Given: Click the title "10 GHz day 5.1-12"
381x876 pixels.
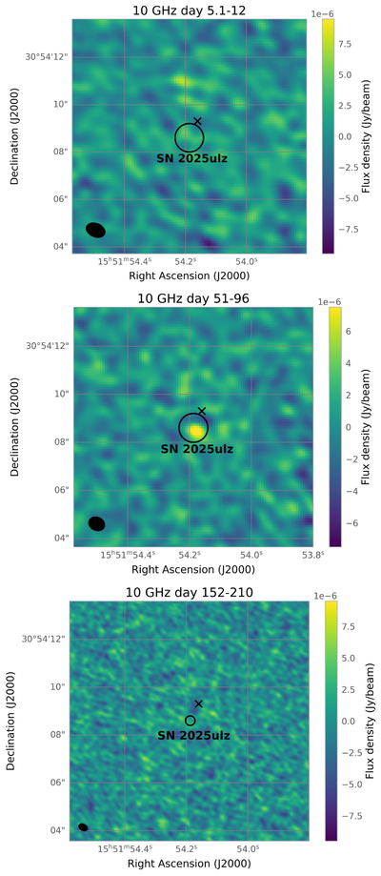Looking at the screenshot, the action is pos(189,10).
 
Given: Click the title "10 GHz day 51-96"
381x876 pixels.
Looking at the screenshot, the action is pos(192,298).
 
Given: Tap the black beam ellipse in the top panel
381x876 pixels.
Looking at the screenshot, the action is pos(95,230).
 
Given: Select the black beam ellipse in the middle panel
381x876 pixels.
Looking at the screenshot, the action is pos(96,523).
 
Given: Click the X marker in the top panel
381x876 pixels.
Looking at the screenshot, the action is pos(197,121).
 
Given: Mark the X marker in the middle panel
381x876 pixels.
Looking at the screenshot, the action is pos(202,411).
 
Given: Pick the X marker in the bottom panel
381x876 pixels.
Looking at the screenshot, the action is pos(198,703).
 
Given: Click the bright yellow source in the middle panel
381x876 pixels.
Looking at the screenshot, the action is pos(195,431).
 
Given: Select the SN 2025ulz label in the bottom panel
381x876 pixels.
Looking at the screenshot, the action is pos(193,736).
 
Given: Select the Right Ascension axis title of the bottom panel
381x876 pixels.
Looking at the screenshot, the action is pos(189,864).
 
